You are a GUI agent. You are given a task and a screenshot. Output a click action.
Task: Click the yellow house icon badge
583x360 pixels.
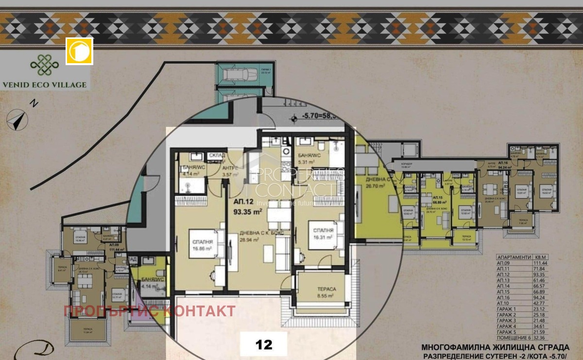(79, 51)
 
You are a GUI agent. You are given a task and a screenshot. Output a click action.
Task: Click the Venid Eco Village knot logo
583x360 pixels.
(44, 65)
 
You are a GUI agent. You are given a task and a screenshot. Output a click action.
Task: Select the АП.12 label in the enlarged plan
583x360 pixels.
(243, 202)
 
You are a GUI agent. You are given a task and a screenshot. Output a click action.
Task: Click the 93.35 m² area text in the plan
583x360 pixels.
(248, 211)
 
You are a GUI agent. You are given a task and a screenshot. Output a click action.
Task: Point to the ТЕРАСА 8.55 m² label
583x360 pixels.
(324, 291)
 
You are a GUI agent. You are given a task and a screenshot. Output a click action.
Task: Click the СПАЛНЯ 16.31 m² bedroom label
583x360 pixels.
(323, 234)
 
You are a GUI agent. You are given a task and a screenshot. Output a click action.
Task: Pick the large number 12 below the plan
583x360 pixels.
(264, 344)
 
